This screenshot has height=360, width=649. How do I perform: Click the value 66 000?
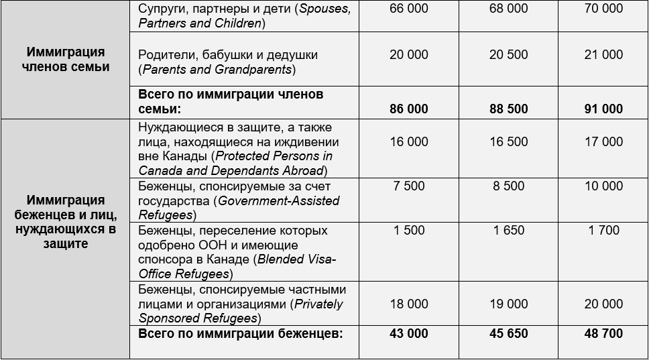[408, 9]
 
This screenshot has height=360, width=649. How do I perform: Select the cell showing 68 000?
[508, 9]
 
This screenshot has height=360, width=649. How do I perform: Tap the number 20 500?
[508, 55]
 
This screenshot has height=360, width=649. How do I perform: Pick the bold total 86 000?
[408, 109]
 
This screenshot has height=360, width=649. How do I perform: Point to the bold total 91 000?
[603, 109]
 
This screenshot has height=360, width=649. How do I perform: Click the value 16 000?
[408, 141]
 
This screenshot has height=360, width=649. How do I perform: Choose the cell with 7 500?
[408, 186]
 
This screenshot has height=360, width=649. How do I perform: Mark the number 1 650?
[508, 230]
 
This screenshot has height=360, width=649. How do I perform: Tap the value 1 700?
[603, 230]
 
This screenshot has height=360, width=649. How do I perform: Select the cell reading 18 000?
[408, 304]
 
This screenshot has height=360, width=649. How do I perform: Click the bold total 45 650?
[508, 333]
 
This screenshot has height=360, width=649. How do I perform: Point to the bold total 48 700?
[603, 333]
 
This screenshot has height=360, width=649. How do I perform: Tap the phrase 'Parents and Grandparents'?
[217, 70]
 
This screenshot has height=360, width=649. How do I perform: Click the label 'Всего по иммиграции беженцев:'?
[240, 333]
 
